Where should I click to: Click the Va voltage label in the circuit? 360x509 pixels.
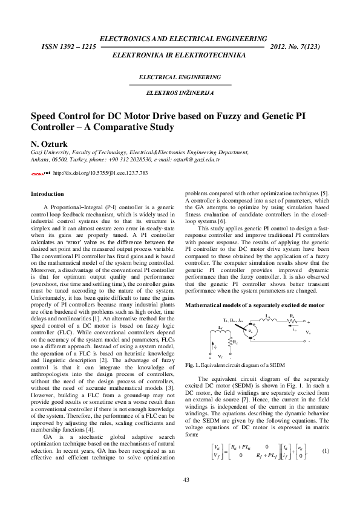click(x=308, y=333)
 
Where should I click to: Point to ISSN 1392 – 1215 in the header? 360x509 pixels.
click(x=68, y=47)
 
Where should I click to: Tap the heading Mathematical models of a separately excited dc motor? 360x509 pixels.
click(x=255, y=306)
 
